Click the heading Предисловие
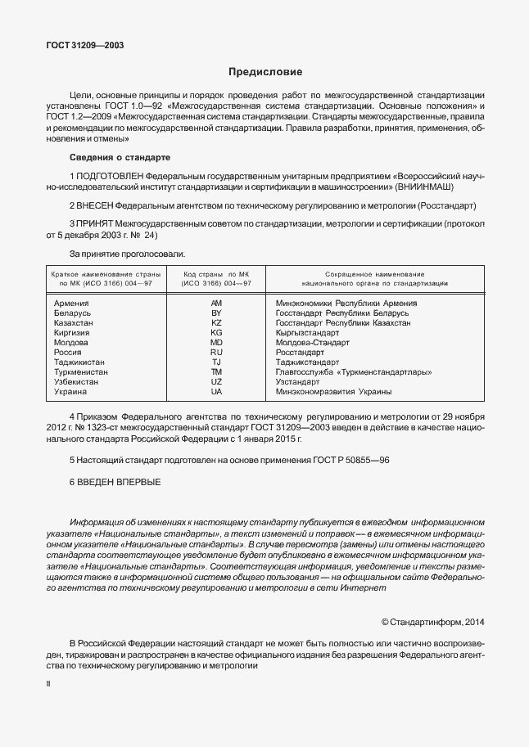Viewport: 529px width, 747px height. pyautogui.click(x=264, y=71)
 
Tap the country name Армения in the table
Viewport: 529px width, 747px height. pyautogui.click(x=71, y=304)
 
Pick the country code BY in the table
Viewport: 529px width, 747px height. pyautogui.click(x=216, y=313)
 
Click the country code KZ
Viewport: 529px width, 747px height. pyautogui.click(x=216, y=323)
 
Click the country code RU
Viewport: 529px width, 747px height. pyautogui.click(x=216, y=353)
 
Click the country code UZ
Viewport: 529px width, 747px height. pyautogui.click(x=216, y=382)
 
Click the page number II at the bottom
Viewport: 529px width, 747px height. pyautogui.click(x=47, y=682)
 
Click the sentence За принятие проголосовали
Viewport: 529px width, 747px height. pyautogui.click(x=127, y=254)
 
